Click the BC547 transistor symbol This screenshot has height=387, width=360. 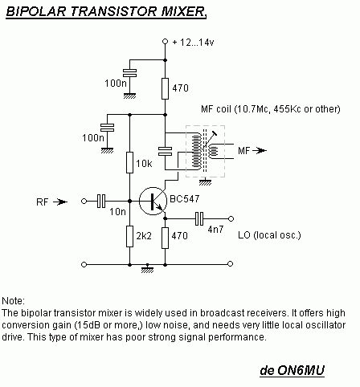point(153,201)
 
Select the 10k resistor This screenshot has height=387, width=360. point(129,162)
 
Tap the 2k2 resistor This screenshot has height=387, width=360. point(129,236)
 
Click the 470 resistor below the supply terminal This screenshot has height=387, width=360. point(165,88)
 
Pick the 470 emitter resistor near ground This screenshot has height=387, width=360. point(165,238)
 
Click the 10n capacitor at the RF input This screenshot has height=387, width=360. point(101,201)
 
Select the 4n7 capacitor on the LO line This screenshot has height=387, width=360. point(199,218)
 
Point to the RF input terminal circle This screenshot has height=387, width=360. point(84,201)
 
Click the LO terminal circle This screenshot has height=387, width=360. point(231,218)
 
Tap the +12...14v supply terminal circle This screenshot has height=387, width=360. point(166,42)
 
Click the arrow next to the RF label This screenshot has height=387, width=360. point(60,202)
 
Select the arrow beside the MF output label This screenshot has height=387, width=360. point(260,151)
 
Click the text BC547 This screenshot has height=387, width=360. point(185,199)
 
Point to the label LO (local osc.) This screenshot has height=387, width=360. point(269,235)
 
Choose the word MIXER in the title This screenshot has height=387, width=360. point(184,11)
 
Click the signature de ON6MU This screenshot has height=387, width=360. point(292,370)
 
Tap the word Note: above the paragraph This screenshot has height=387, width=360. point(13,301)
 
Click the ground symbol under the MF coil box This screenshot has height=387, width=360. point(205,181)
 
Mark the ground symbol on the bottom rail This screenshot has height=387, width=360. point(147,268)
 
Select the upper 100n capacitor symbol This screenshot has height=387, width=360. point(129,73)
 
